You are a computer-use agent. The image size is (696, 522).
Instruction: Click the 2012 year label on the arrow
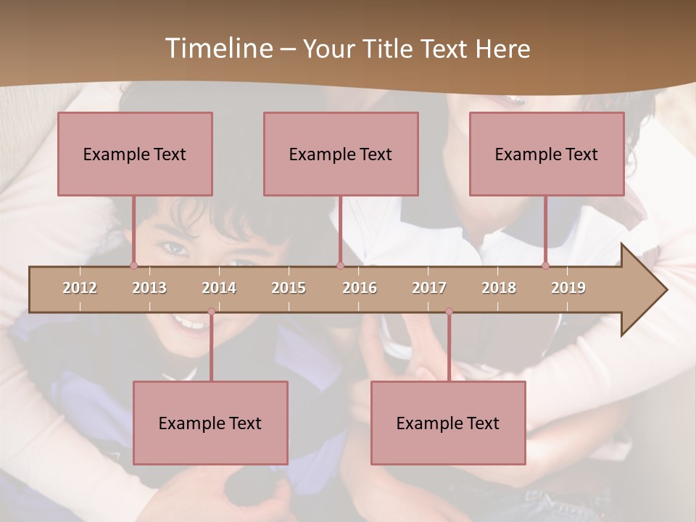[80, 288]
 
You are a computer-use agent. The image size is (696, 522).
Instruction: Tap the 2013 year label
[149, 288]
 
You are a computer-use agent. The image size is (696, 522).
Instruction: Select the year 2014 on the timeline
[219, 288]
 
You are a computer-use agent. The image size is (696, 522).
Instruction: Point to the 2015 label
[289, 288]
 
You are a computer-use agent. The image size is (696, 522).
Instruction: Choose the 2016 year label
[360, 288]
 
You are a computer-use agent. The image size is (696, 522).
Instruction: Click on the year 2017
[429, 288]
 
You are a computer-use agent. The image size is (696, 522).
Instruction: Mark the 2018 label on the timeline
[499, 288]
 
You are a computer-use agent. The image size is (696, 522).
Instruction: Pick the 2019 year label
[568, 288]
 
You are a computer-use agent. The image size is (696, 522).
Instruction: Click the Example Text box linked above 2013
[135, 154]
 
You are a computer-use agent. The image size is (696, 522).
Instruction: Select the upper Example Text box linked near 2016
[341, 154]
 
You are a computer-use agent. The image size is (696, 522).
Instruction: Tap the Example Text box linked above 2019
[547, 154]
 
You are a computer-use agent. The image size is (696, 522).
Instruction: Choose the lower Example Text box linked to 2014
[210, 423]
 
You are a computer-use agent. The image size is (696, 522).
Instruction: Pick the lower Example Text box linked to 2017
[448, 423]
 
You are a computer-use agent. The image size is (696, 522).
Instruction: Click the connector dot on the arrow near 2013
[134, 265]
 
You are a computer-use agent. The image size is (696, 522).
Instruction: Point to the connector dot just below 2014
[211, 312]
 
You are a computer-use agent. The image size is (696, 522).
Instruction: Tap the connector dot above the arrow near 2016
[340, 265]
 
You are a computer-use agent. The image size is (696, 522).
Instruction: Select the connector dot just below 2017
[449, 312]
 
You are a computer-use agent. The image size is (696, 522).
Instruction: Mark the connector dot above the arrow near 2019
[546, 265]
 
